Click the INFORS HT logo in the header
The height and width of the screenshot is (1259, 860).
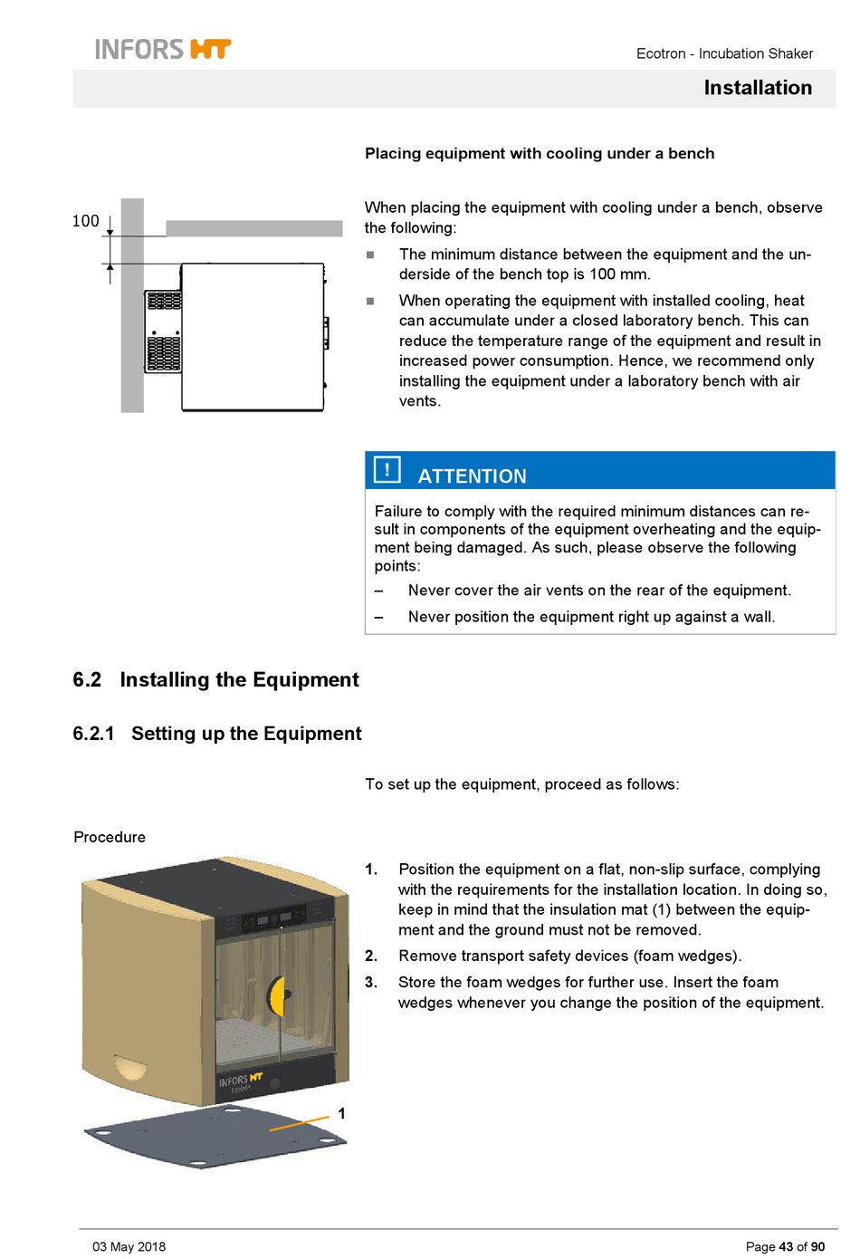click(x=163, y=49)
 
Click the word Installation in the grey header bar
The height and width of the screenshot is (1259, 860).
click(x=758, y=88)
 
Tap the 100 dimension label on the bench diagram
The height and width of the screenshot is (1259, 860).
click(x=86, y=221)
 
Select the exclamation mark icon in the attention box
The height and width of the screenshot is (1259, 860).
click(x=387, y=469)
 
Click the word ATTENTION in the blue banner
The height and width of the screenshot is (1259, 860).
click(x=472, y=476)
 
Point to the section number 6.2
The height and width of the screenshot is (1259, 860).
click(x=87, y=680)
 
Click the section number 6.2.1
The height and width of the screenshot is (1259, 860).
click(x=93, y=734)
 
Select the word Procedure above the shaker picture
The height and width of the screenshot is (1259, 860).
click(x=110, y=837)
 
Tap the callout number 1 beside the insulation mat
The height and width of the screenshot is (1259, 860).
click(x=341, y=1113)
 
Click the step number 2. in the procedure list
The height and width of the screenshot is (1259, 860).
click(x=371, y=956)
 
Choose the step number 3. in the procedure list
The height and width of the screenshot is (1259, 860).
click(x=371, y=982)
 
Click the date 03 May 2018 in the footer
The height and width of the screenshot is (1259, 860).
click(x=129, y=1246)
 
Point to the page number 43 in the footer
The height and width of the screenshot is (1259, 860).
click(x=786, y=1246)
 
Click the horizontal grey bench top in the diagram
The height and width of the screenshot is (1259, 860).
click(x=253, y=228)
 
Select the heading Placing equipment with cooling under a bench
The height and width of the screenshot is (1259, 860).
click(x=540, y=153)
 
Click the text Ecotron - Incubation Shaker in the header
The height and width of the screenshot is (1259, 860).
click(x=724, y=53)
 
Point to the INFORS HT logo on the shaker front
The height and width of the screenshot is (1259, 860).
click(x=241, y=1081)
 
